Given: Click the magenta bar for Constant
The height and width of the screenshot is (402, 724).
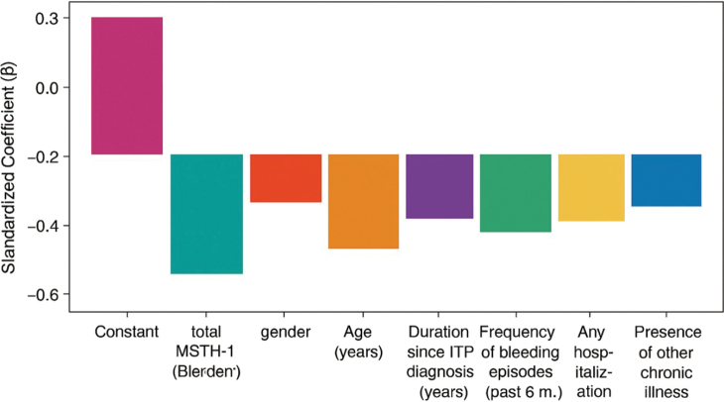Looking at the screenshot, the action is (127, 86).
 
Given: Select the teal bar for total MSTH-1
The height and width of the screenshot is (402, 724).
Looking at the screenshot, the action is (207, 214).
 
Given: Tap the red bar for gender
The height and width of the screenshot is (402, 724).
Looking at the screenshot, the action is (286, 178).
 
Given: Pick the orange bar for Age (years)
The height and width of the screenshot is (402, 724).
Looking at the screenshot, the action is (363, 201).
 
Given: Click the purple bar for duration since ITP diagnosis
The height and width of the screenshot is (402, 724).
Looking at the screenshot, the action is (439, 186).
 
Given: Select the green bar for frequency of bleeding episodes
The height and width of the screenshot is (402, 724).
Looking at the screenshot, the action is (516, 193).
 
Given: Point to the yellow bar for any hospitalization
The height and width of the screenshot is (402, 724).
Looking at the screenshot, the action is (591, 187).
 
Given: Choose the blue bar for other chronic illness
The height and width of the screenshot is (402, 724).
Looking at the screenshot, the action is (666, 180).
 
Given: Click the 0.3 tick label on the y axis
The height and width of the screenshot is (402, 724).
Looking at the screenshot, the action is (47, 18).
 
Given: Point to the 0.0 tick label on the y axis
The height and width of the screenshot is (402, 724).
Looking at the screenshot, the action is (47, 87).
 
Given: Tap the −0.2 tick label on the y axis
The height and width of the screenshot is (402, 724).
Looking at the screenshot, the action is (43, 156).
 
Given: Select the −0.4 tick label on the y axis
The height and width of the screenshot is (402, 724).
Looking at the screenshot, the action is (43, 226).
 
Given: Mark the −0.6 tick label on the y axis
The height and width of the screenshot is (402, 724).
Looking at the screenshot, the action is (43, 294).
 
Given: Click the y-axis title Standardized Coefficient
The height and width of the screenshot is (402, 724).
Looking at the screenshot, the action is (9, 167).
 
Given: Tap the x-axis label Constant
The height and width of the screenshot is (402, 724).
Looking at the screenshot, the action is (127, 332).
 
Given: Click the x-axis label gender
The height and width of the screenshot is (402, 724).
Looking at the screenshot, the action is (286, 333).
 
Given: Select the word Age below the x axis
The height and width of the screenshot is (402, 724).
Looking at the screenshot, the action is (357, 333).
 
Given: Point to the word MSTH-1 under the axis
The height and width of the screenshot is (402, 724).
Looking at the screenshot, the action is (205, 352).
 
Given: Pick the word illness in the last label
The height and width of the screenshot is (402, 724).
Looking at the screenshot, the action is (666, 392).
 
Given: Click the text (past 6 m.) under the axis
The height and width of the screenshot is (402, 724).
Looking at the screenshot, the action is (524, 393).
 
